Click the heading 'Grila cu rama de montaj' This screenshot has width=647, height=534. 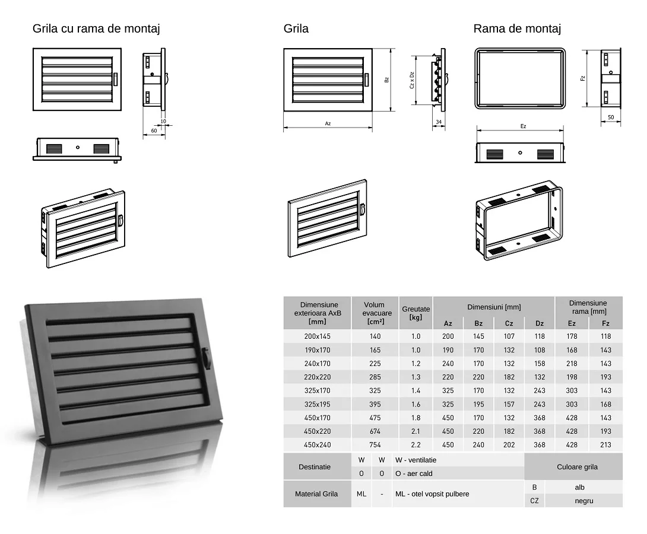coord(96,29)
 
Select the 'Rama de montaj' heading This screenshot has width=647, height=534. coord(517,29)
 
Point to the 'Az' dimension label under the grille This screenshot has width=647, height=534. coord(328,123)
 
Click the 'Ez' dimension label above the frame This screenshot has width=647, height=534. coord(523,126)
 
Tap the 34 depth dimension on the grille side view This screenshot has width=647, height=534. coord(439,122)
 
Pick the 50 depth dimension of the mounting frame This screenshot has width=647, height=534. coord(611,117)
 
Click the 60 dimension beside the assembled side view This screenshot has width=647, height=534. coord(154,131)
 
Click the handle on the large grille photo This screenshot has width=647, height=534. coord(205,358)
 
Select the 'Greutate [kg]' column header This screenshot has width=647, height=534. coord(416,313)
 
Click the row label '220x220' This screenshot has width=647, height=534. coord(318,377)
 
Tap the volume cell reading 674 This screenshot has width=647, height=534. coord(375,431)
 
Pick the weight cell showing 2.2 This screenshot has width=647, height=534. coord(416,445)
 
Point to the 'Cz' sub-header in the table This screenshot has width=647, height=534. coord(509,323)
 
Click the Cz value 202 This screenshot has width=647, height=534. coord(509,445)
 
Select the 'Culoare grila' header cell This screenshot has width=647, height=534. coord(578,467)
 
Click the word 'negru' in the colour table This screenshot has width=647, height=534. coord(584,501)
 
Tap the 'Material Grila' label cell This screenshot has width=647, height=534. coord(316,494)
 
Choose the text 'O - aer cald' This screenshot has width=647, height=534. coord(414,473)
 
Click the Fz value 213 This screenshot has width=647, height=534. coord(605,445)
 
